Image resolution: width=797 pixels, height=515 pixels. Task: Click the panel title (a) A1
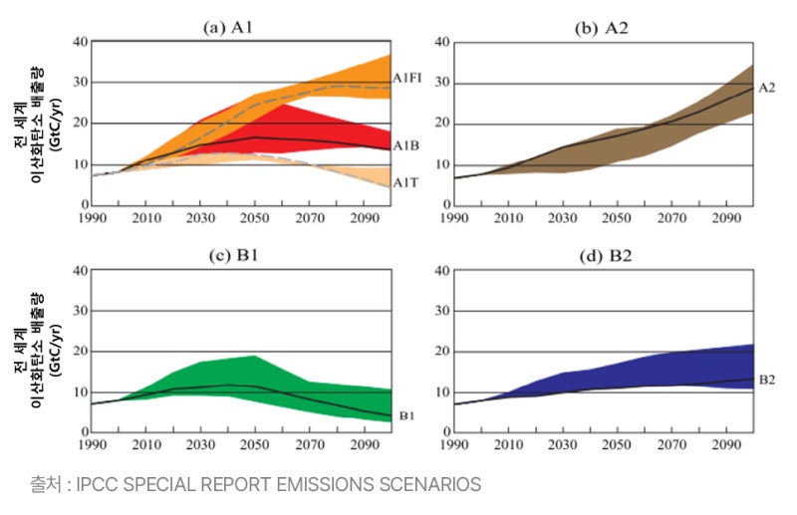tap(227, 27)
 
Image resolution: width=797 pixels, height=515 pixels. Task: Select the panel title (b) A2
tap(602, 28)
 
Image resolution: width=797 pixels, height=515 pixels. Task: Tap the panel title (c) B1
tap(233, 255)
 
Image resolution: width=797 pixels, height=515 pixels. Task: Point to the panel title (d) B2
tap(606, 256)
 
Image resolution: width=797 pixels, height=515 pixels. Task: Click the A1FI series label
tap(407, 79)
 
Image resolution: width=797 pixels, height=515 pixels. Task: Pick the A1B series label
tap(406, 145)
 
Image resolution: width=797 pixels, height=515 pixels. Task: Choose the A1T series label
tap(405, 182)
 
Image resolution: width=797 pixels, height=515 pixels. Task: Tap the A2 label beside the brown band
tap(767, 88)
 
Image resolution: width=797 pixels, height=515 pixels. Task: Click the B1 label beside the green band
tap(406, 415)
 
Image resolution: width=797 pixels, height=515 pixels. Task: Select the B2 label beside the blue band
tap(767, 380)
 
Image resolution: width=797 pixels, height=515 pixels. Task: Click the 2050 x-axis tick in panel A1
tap(255, 218)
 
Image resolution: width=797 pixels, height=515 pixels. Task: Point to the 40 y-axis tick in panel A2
tap(442, 42)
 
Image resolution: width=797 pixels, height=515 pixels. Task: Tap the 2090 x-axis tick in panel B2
tap(726, 445)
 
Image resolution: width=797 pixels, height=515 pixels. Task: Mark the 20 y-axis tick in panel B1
tap(81, 351)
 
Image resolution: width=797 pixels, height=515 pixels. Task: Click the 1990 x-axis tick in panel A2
tap(454, 218)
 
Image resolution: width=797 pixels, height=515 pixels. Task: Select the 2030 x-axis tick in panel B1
tap(200, 445)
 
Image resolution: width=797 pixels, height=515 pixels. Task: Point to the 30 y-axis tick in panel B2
tap(442, 310)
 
